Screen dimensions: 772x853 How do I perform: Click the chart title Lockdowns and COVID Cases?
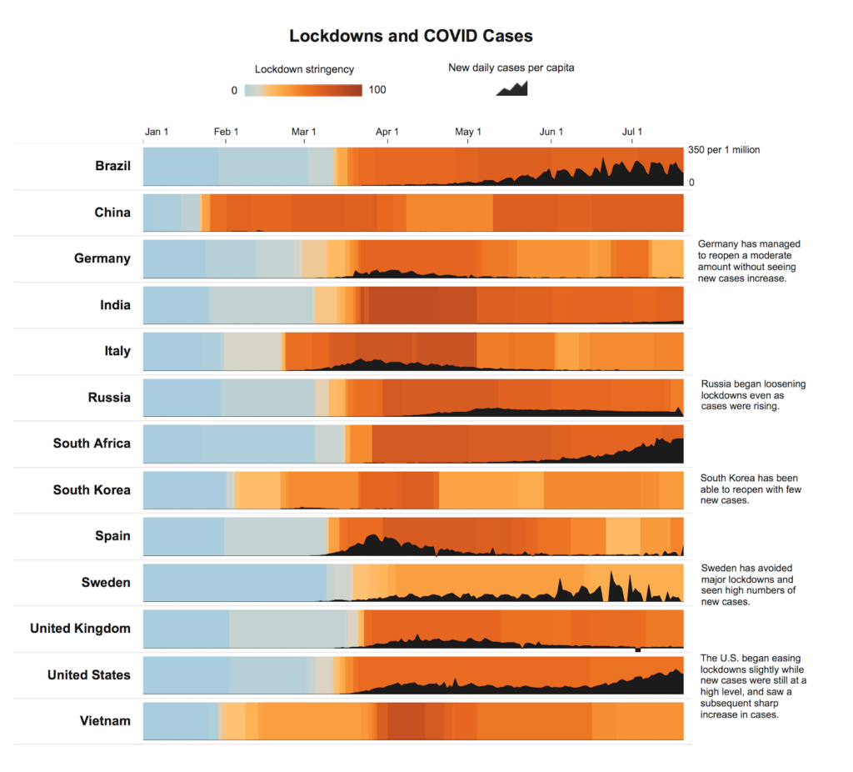[411, 36]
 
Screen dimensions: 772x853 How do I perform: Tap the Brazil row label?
[112, 166]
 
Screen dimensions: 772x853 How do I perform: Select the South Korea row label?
[92, 489]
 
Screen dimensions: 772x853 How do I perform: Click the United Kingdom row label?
[80, 628]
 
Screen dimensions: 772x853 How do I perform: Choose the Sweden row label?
[106, 582]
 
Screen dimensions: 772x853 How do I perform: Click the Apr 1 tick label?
[387, 132]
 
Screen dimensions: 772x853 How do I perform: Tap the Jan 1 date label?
[157, 132]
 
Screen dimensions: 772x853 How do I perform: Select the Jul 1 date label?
[632, 132]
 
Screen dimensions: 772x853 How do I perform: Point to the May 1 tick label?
[468, 132]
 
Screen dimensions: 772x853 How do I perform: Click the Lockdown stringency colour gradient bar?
[303, 90]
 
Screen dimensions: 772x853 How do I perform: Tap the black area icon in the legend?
[511, 88]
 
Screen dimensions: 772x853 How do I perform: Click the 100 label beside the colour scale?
[377, 90]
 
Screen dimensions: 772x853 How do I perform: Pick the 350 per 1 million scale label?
[723, 150]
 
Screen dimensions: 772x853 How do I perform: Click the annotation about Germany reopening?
[748, 261]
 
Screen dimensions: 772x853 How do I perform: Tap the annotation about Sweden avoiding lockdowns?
[748, 584]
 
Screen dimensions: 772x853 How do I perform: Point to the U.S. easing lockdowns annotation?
[753, 686]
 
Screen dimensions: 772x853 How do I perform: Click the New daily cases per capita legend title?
[511, 68]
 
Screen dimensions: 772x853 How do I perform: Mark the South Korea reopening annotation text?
[751, 489]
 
